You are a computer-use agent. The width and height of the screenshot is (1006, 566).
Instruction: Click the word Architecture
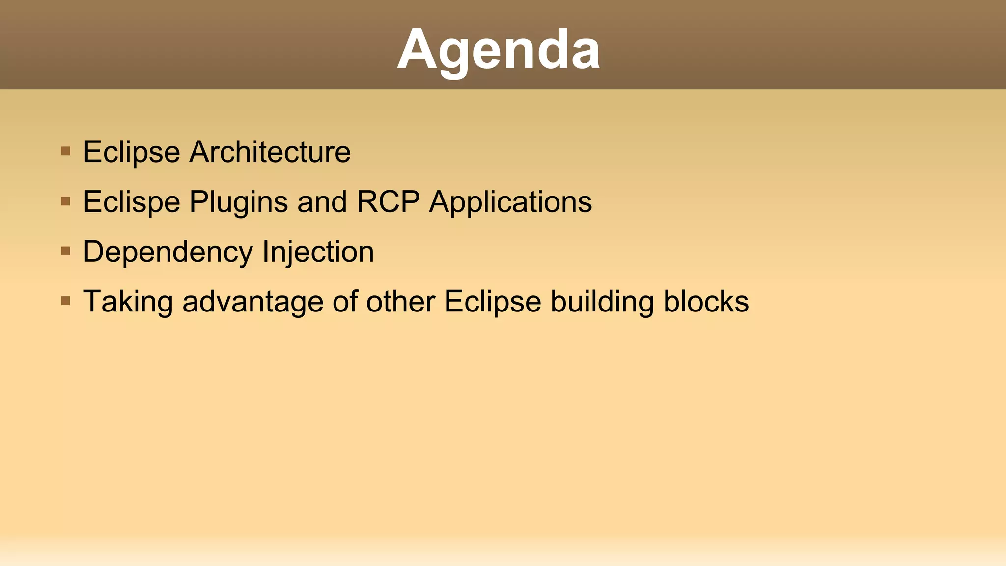[270, 152]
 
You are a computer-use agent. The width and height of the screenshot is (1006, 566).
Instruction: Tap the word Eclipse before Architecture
[132, 152]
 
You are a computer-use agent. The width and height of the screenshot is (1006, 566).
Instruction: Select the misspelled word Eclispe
[132, 202]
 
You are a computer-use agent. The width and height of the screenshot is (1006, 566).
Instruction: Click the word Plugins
[239, 202]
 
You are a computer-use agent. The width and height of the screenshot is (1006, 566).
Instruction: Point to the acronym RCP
[388, 202]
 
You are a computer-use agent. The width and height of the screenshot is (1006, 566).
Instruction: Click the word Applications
[510, 202]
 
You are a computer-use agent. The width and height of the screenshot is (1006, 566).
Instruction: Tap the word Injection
[318, 252]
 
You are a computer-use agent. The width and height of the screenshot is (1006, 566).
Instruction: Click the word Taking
[128, 302]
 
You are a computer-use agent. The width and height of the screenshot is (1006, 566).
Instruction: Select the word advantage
[252, 302]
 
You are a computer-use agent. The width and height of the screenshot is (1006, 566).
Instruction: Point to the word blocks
[706, 302]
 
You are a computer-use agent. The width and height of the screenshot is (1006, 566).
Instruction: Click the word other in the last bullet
[400, 302]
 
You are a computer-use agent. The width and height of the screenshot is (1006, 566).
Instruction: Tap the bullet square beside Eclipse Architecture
[65, 151]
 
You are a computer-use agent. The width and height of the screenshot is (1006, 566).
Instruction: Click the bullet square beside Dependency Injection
[65, 251]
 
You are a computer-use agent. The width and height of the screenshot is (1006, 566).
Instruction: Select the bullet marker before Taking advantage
[65, 301]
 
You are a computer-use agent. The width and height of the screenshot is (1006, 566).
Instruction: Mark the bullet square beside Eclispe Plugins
[65, 201]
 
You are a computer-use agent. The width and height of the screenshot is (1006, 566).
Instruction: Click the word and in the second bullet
[322, 202]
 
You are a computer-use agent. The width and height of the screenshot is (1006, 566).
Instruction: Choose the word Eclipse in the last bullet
[492, 302]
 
